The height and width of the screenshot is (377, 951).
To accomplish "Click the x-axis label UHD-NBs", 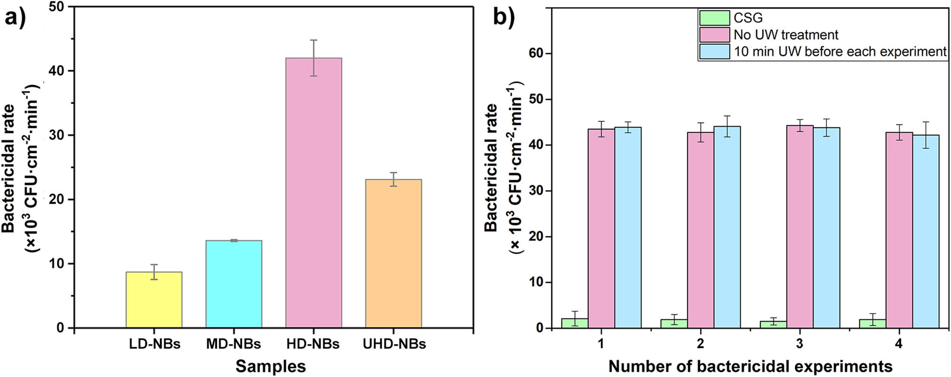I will (394, 344).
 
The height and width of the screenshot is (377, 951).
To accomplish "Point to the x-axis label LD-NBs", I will (154, 344).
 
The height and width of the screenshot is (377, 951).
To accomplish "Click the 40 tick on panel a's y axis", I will (57, 71).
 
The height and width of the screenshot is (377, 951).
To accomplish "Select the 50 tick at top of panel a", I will (57, 7).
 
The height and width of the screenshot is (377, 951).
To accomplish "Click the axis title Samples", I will (270, 366).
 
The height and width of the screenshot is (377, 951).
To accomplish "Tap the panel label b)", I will (503, 18).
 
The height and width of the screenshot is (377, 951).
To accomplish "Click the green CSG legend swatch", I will (714, 18).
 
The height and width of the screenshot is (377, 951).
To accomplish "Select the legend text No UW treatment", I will (786, 35).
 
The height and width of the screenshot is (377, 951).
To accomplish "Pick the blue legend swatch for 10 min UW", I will (714, 51).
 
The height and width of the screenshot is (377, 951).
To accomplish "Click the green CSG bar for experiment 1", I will (575, 323).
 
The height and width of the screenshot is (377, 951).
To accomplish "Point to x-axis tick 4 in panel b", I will (898, 343).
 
